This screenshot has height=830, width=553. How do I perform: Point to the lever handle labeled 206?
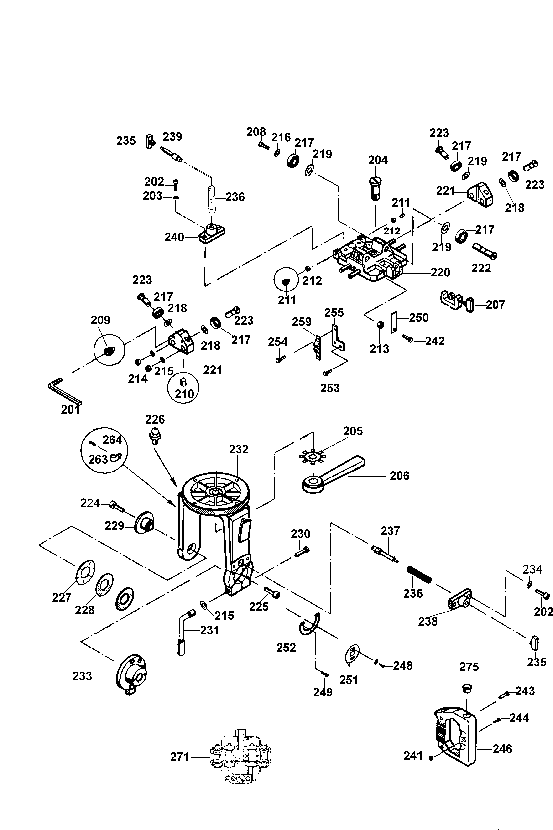[334, 474]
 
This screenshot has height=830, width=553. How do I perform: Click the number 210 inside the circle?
[184, 394]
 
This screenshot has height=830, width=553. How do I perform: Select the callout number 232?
[239, 449]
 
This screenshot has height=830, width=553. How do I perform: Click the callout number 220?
[440, 272]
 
